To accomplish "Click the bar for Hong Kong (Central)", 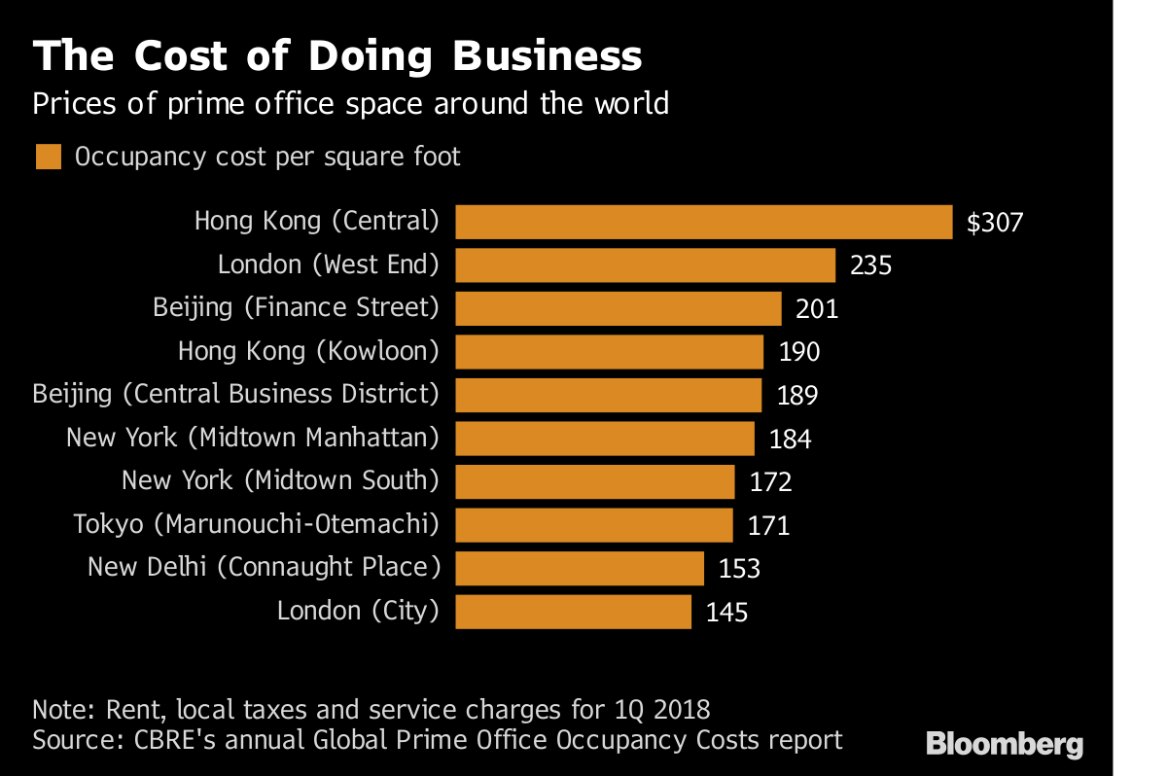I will [703, 222].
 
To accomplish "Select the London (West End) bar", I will [645, 265].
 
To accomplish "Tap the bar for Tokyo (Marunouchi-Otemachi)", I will [593, 525].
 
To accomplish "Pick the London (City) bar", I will [573, 612].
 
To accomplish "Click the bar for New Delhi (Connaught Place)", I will [579, 568].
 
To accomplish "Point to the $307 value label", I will [995, 223].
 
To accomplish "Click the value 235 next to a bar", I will [870, 265].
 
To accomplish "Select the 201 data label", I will [817, 309].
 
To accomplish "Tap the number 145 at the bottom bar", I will [727, 613].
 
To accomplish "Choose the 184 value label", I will [790, 440].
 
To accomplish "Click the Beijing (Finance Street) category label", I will [296, 308].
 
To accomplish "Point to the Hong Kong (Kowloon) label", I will [308, 351].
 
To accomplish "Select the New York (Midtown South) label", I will [280, 480].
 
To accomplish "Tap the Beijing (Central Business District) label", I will [235, 395].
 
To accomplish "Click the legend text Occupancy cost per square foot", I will [267, 157].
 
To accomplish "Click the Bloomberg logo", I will [1005, 745].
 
